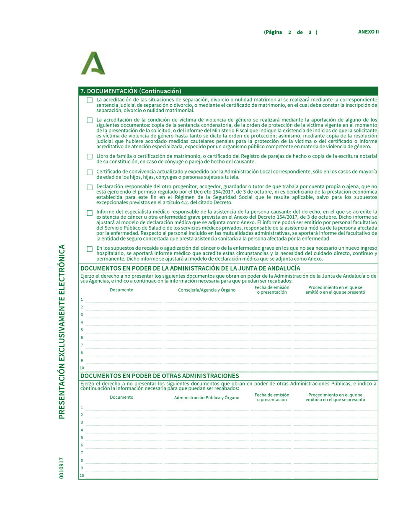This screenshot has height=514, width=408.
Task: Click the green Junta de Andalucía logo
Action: click(x=93, y=63)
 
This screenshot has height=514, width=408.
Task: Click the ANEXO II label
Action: click(x=368, y=32)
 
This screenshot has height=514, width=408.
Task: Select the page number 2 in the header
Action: click(x=289, y=32)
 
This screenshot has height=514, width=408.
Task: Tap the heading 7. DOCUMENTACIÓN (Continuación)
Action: click(x=131, y=91)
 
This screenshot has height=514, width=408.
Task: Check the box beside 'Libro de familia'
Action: click(x=90, y=157)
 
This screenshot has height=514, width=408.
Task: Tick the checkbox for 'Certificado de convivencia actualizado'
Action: click(x=90, y=172)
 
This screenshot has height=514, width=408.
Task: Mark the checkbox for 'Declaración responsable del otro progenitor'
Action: click(x=90, y=187)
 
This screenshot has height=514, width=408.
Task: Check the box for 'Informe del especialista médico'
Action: click(x=90, y=213)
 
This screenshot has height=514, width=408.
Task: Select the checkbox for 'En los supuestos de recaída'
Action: click(x=90, y=249)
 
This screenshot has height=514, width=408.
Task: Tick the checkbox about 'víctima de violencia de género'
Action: click(x=90, y=120)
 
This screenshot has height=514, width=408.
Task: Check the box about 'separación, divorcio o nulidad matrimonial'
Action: click(x=90, y=100)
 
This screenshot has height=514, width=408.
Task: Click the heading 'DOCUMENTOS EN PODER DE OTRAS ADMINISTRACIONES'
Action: click(x=160, y=376)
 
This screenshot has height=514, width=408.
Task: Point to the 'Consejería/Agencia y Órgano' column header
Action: click(x=207, y=290)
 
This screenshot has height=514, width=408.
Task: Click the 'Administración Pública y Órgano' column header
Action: click(x=207, y=398)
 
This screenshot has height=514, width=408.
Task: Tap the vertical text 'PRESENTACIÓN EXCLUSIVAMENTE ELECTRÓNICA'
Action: click(x=62, y=331)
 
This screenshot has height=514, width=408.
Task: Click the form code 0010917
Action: click(x=62, y=468)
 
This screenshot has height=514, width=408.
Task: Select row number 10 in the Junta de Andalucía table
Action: click(x=82, y=368)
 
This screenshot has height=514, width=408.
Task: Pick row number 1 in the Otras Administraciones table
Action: click(x=82, y=407)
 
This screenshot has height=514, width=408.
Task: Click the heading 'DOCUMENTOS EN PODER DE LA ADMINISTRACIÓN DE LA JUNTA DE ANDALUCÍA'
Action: click(x=190, y=268)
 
